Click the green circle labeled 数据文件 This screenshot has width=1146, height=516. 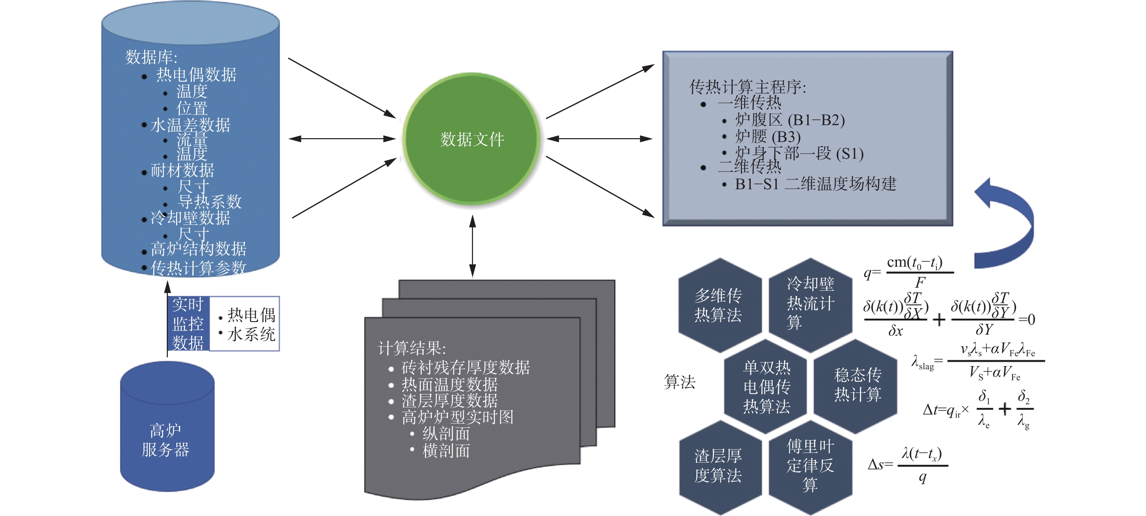pos(472,139)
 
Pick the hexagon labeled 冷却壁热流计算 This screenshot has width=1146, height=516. pos(810,303)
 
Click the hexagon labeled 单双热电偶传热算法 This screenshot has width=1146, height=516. pos(766,386)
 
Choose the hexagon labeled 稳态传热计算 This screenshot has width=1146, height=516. pos(857,385)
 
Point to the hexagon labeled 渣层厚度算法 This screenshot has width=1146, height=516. pos(719,466)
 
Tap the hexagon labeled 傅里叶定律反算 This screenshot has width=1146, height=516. pos(810,465)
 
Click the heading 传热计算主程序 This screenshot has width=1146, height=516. pos(747,87)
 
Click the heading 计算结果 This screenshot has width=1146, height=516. pos(411,348)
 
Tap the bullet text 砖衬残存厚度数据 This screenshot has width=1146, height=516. pos(465,368)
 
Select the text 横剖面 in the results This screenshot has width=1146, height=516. pos(446,451)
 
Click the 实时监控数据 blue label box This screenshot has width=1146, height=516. pos(188,324)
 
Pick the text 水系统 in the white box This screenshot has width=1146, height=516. pos(251,334)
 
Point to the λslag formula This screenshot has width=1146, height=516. pos(976,361)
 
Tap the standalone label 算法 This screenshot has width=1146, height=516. pos(679,382)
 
